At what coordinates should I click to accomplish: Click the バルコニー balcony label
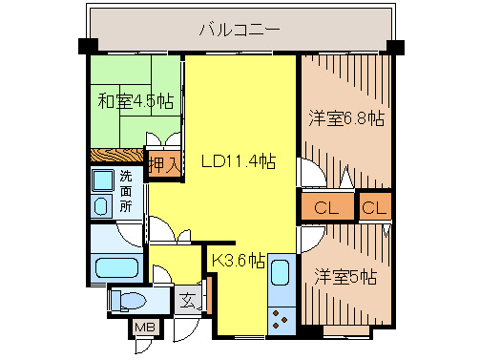[239, 29]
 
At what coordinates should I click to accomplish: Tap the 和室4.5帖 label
[135, 99]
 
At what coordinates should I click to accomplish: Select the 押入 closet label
[164, 163]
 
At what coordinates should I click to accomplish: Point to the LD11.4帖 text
[238, 161]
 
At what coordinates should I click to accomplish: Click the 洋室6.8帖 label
[345, 118]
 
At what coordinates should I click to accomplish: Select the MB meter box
[145, 328]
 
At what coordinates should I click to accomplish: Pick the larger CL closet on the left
[324, 207]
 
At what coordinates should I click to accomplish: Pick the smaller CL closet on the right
[375, 207]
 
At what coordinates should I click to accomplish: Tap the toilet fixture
[127, 302]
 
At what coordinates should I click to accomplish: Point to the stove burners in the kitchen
[283, 314]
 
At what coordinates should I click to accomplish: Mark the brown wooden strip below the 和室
[115, 155]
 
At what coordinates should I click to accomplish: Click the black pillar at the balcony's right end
[396, 45]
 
